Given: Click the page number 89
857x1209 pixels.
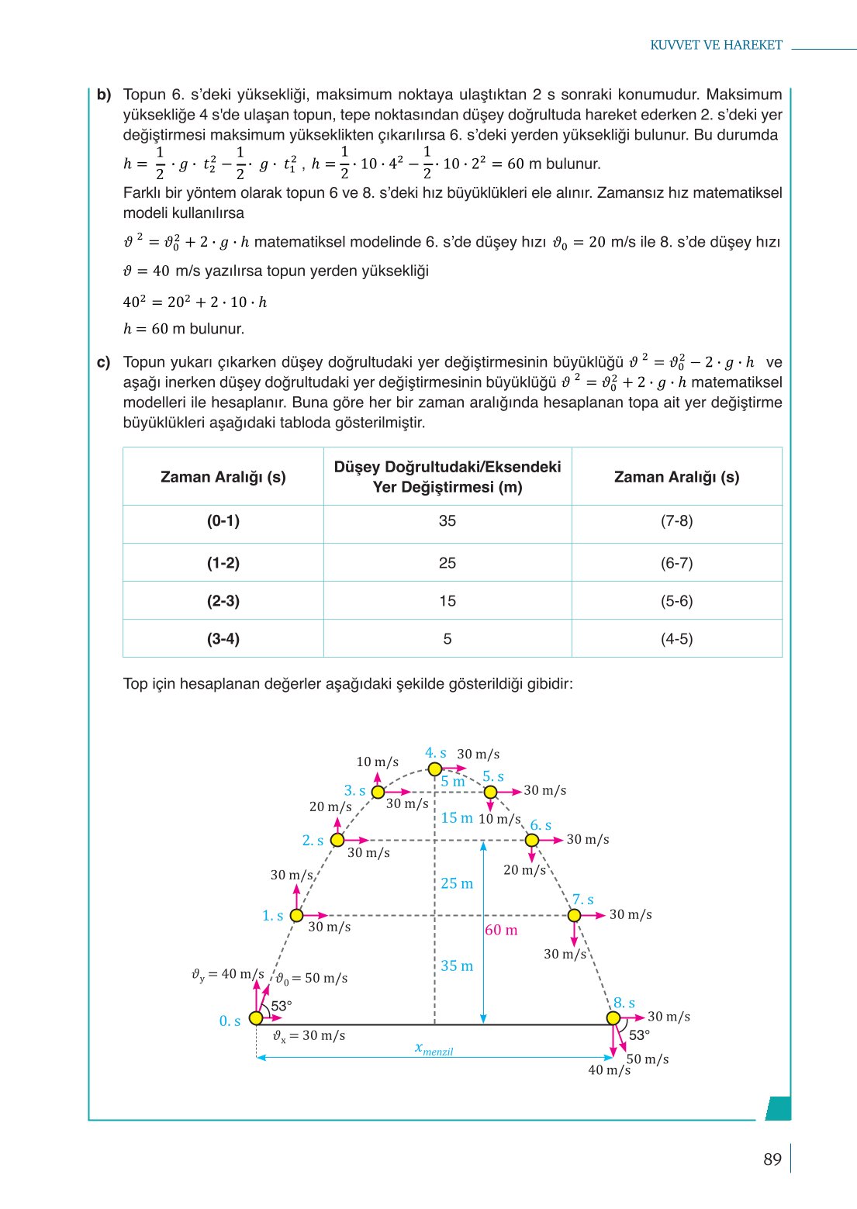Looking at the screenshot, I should coord(772,1159).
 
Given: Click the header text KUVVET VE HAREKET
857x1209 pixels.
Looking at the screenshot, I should coord(716,45).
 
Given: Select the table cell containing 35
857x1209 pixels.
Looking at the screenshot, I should coord(448,521).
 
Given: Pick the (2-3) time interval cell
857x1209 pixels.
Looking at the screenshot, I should coord(223,601).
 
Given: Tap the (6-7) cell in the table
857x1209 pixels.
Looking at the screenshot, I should coord(676,563).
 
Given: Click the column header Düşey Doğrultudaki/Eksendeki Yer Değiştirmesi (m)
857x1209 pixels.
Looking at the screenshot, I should coord(448,477).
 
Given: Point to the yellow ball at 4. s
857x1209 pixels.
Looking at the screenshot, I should coord(435,769).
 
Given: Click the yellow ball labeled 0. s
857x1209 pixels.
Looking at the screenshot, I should coord(256,1018).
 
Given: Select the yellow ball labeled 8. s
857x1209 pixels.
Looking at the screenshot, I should coord(613,1018).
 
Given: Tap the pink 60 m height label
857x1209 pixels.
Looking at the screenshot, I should coord(501,930).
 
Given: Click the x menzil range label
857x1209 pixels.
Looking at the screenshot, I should coord(434,1048).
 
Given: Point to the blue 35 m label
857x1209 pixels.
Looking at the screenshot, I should coord(457,965).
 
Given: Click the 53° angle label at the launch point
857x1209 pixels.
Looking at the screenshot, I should coord(281,1006).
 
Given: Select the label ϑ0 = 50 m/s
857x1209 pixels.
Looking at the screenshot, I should coord(313,979).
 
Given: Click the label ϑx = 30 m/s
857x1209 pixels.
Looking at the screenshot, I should coord(309,1036).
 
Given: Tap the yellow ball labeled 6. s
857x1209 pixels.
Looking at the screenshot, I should coord(532,841).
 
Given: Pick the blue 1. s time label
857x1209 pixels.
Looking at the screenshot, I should coord(272,916).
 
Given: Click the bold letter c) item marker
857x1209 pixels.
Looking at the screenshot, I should coord(104,362).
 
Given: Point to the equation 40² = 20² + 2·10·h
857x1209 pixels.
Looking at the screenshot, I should coord(195,302).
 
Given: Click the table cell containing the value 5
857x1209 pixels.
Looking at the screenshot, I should coord(448,639).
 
